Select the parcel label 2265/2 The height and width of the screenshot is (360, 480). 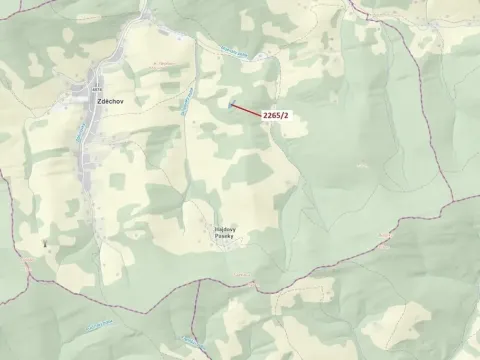pyautogui.click(x=276, y=116)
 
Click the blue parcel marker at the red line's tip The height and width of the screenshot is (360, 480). pyautogui.click(x=230, y=102)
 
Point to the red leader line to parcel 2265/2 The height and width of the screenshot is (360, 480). pyautogui.click(x=246, y=108)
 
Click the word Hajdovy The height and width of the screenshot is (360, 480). pyautogui.click(x=224, y=228)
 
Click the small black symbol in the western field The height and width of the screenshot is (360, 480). pyautogui.click(x=45, y=242)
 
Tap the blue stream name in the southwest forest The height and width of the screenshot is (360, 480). pyautogui.click(x=101, y=324)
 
